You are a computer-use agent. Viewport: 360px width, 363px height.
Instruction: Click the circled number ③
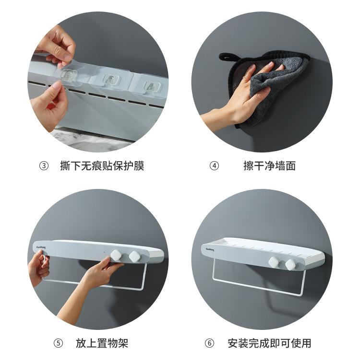(44, 166)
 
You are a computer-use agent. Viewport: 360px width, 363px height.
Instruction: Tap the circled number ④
(214, 166)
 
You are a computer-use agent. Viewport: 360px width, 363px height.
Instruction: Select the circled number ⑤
(58, 343)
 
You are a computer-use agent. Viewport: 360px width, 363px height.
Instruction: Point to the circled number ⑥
(209, 343)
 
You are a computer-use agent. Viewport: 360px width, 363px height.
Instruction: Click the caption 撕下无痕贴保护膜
(102, 166)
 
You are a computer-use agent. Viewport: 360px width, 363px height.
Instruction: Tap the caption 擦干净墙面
(269, 166)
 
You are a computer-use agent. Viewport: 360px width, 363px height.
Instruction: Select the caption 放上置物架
(102, 343)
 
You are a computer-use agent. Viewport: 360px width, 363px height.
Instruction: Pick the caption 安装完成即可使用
(269, 343)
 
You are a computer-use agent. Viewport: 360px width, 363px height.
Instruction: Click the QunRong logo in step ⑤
(41, 247)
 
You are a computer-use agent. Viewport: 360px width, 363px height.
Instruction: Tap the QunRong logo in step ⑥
(210, 249)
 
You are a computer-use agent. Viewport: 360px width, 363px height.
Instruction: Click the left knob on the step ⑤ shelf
(116, 255)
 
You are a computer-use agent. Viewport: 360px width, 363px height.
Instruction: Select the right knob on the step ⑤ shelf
(134, 257)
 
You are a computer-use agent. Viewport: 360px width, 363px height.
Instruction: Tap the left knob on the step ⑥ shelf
(274, 262)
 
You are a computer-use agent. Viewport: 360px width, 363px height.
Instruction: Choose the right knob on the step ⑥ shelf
(290, 264)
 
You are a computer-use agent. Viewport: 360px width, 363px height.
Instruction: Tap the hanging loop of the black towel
(226, 57)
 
